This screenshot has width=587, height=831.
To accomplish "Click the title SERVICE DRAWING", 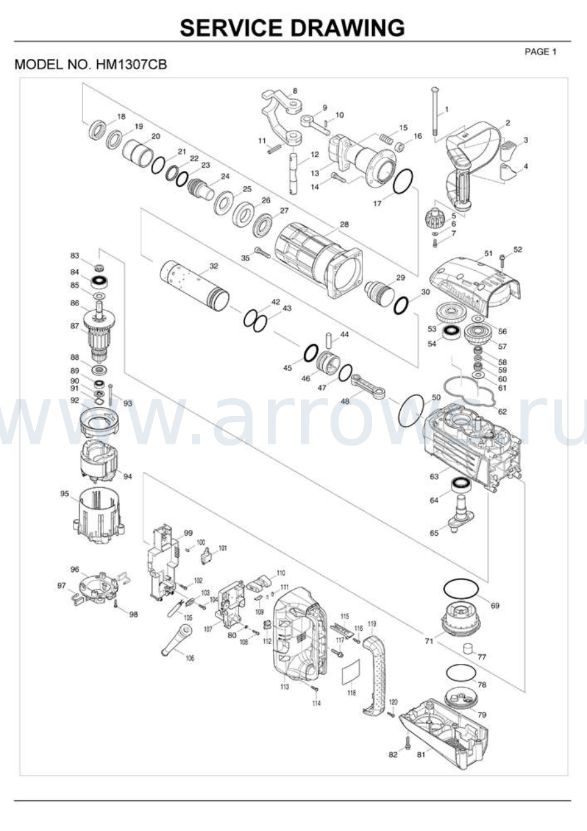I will (292, 28).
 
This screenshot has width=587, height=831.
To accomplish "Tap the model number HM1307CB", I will (132, 65).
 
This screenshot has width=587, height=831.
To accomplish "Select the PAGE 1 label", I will (540, 52).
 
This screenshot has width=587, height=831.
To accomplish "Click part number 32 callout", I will (214, 266).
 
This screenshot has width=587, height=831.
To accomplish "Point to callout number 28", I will (344, 225).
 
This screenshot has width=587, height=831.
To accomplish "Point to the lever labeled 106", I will (176, 641).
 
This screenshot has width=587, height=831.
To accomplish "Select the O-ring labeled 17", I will (402, 181).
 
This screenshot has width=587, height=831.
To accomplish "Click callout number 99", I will (188, 533).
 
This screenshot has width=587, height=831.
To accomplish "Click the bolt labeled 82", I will (407, 744).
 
